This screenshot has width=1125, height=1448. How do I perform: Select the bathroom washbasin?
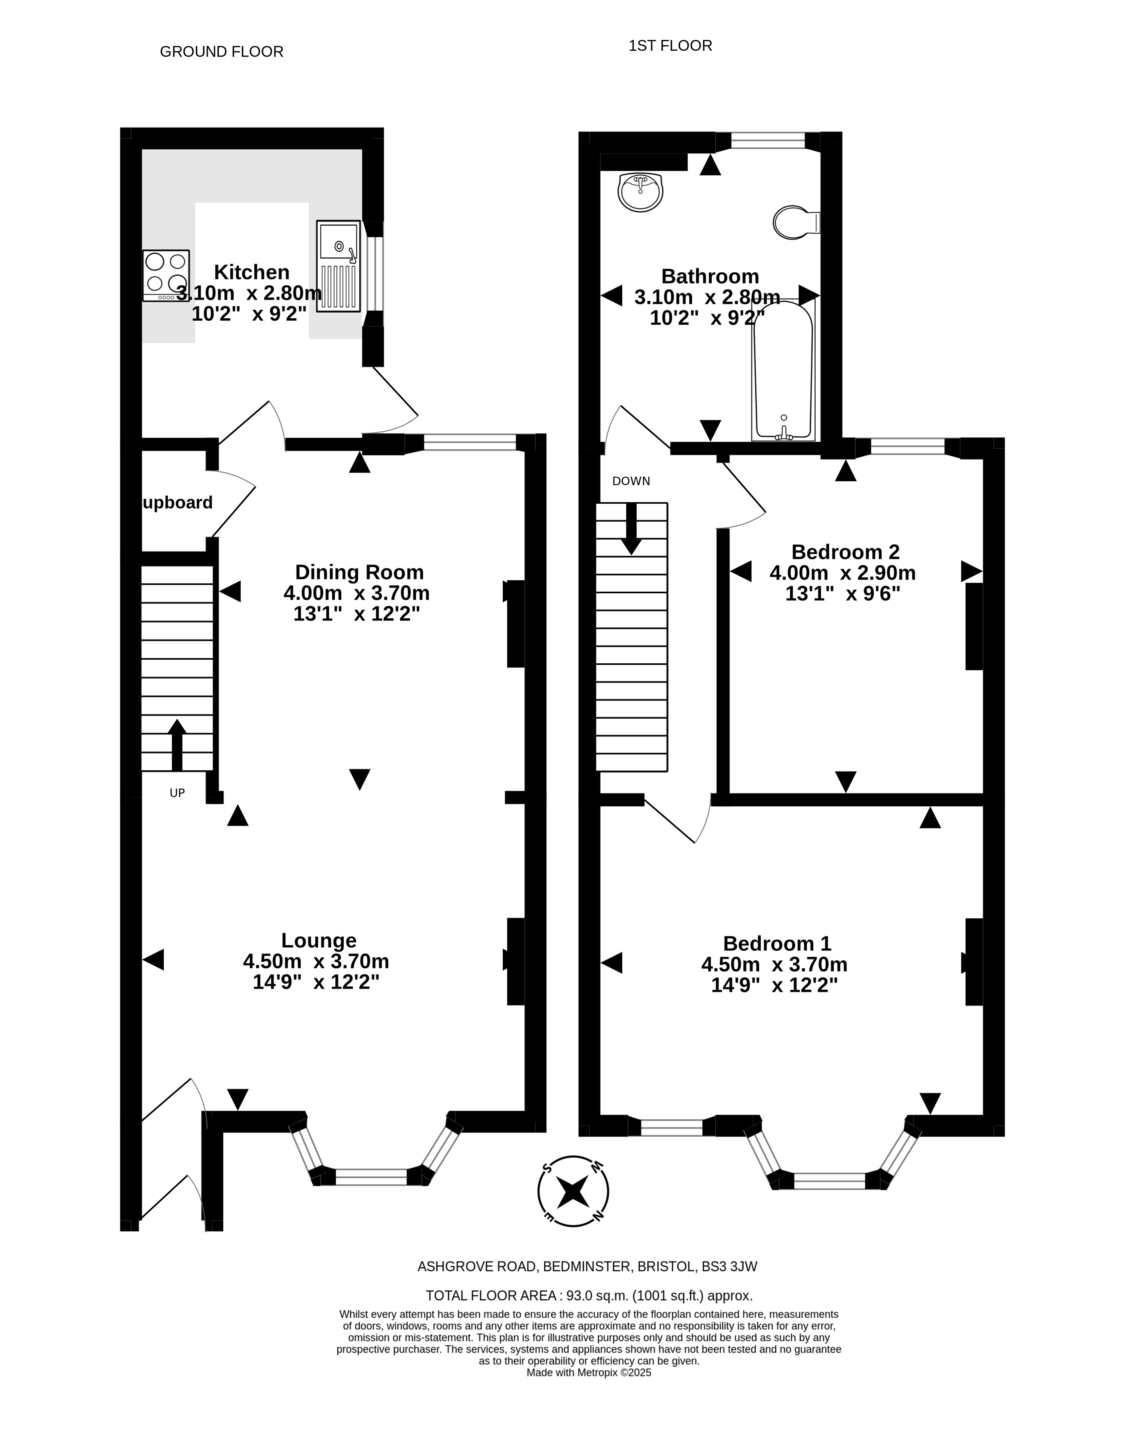tap(640, 191)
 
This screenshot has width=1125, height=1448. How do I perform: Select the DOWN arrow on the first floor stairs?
tap(631, 529)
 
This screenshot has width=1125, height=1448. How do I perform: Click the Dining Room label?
tap(359, 572)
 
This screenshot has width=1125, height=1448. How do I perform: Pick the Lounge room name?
tap(319, 941)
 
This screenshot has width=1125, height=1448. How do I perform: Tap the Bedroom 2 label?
tap(845, 552)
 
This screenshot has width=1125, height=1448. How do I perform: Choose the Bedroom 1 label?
tap(777, 943)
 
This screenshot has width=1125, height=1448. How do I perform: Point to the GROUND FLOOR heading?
tap(221, 52)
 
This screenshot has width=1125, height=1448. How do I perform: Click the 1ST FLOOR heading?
tap(670, 46)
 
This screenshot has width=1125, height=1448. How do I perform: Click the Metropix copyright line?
tap(589, 1373)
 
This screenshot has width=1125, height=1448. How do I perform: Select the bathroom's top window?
tap(768, 140)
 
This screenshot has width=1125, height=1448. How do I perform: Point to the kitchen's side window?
tap(374, 274)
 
